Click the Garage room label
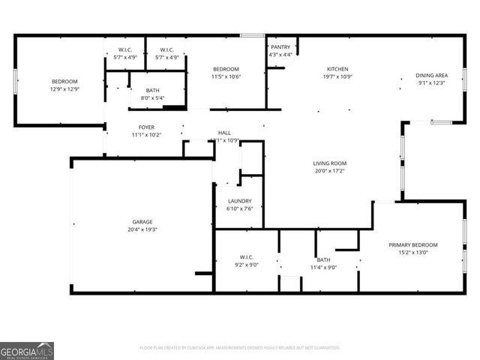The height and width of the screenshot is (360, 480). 142,222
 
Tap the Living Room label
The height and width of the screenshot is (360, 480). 330,163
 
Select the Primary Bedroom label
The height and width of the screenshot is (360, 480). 413,245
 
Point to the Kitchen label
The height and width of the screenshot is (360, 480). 337,69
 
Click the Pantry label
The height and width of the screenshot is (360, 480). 280,47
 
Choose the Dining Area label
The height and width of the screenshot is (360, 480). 432,75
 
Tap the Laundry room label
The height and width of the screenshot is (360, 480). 239,201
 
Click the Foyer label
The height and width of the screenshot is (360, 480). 146,127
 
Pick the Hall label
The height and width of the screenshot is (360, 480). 224,133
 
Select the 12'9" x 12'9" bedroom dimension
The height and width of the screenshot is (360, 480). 64,89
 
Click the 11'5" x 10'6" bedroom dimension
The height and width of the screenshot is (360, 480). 225,76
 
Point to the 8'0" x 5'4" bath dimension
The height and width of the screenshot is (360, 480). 152,97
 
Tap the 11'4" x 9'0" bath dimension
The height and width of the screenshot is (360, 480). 323,267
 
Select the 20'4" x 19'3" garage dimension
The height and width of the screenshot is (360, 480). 142,229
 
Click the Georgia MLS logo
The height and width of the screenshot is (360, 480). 27,351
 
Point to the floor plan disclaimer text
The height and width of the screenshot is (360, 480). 240,348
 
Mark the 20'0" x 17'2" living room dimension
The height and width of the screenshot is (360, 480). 330,170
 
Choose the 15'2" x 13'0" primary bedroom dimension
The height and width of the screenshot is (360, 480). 413,253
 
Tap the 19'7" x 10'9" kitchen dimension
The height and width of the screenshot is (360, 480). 337,76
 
